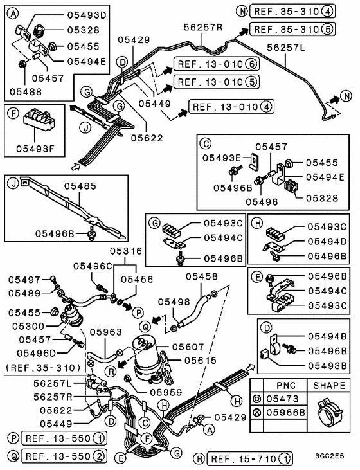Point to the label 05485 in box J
click(81, 185)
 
